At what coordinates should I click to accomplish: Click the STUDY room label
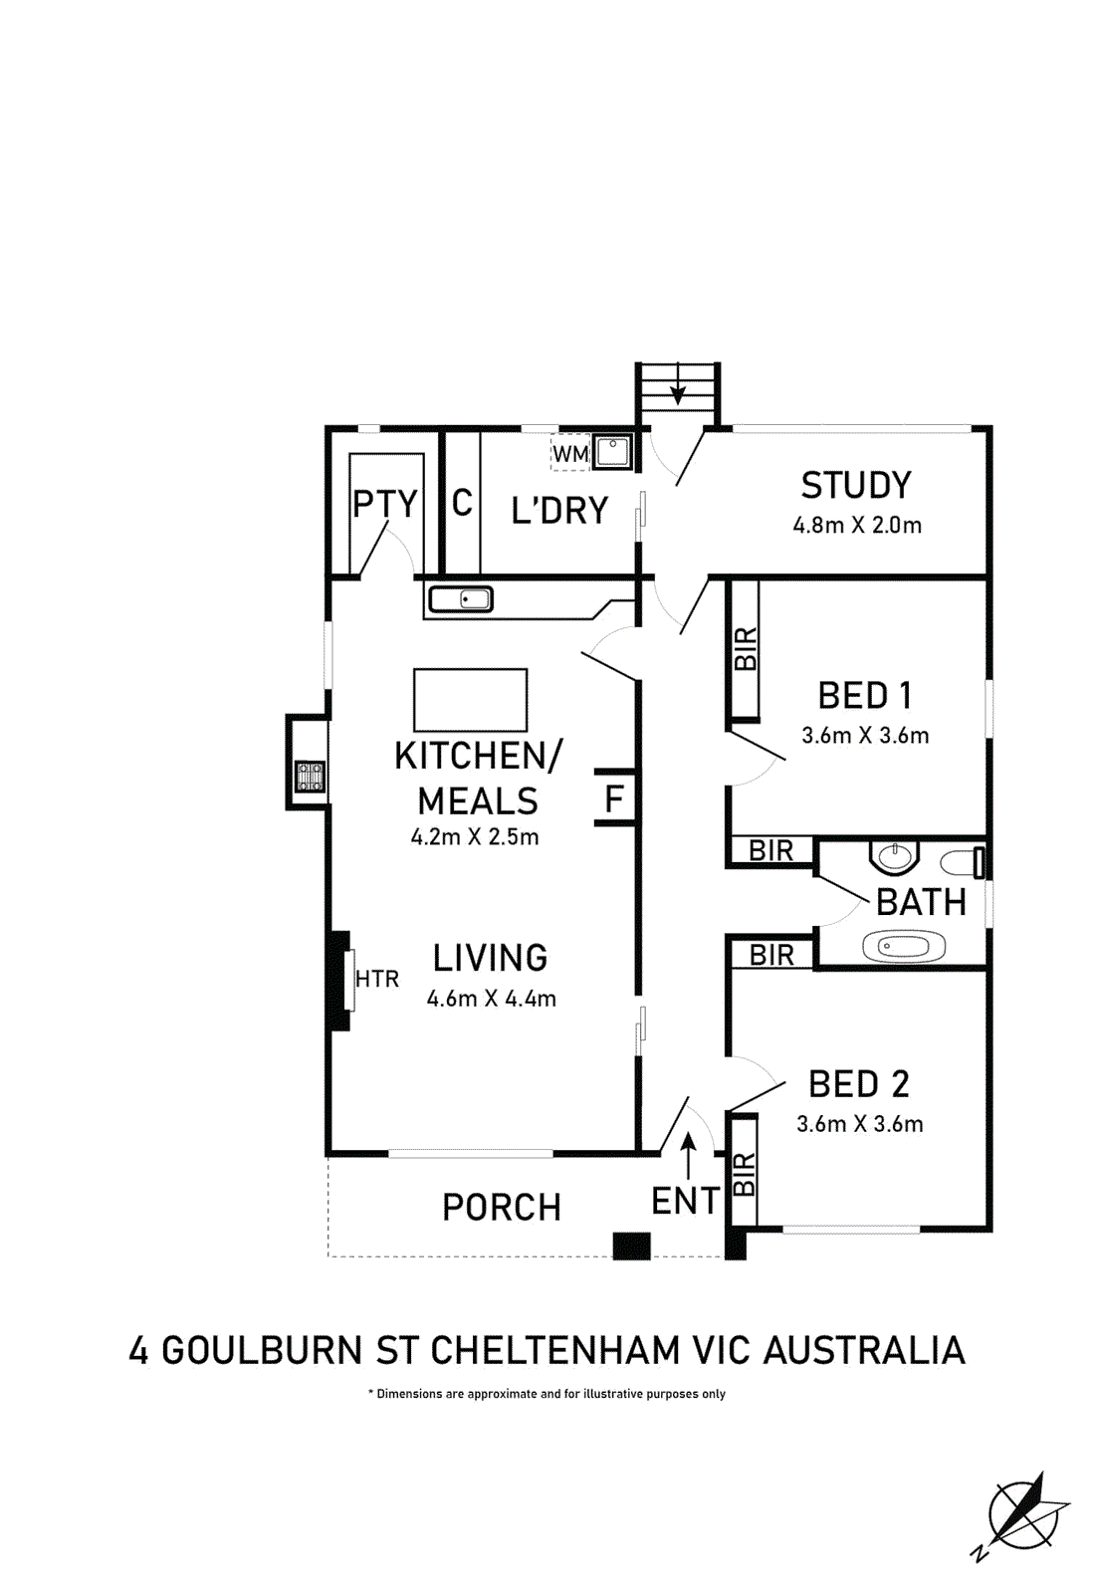click(x=855, y=485)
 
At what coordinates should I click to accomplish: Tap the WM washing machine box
click(x=570, y=453)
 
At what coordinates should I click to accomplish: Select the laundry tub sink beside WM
click(x=611, y=452)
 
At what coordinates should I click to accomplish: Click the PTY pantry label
click(x=384, y=504)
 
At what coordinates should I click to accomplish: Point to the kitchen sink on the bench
click(x=460, y=598)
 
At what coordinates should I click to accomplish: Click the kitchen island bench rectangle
click(x=471, y=700)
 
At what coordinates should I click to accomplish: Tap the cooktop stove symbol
click(x=311, y=777)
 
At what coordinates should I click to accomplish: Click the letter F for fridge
click(x=614, y=798)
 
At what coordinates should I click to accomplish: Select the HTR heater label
click(x=377, y=980)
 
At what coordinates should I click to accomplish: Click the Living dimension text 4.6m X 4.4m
click(x=492, y=999)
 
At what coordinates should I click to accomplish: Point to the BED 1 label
click(x=865, y=696)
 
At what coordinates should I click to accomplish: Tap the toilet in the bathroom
click(x=963, y=862)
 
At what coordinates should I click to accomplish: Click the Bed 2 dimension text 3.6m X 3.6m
click(x=860, y=1124)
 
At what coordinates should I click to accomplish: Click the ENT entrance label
click(x=686, y=1201)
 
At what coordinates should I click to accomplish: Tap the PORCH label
click(x=502, y=1207)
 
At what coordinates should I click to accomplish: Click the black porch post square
click(x=631, y=1247)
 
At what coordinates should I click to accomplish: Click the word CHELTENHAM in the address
click(x=554, y=1350)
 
